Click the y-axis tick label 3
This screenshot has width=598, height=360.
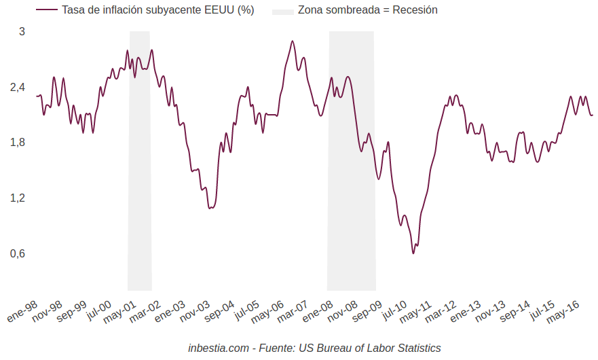point(22,31)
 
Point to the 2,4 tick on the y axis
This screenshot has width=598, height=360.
point(18,87)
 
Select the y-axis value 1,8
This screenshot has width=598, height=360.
point(18,143)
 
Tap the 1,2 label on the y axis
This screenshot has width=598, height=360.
point(18,198)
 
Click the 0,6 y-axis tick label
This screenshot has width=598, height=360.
point(18,254)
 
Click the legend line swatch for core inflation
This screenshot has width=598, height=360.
point(46,10)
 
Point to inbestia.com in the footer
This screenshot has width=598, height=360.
point(219,348)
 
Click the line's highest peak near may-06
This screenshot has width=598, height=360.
point(293,41)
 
